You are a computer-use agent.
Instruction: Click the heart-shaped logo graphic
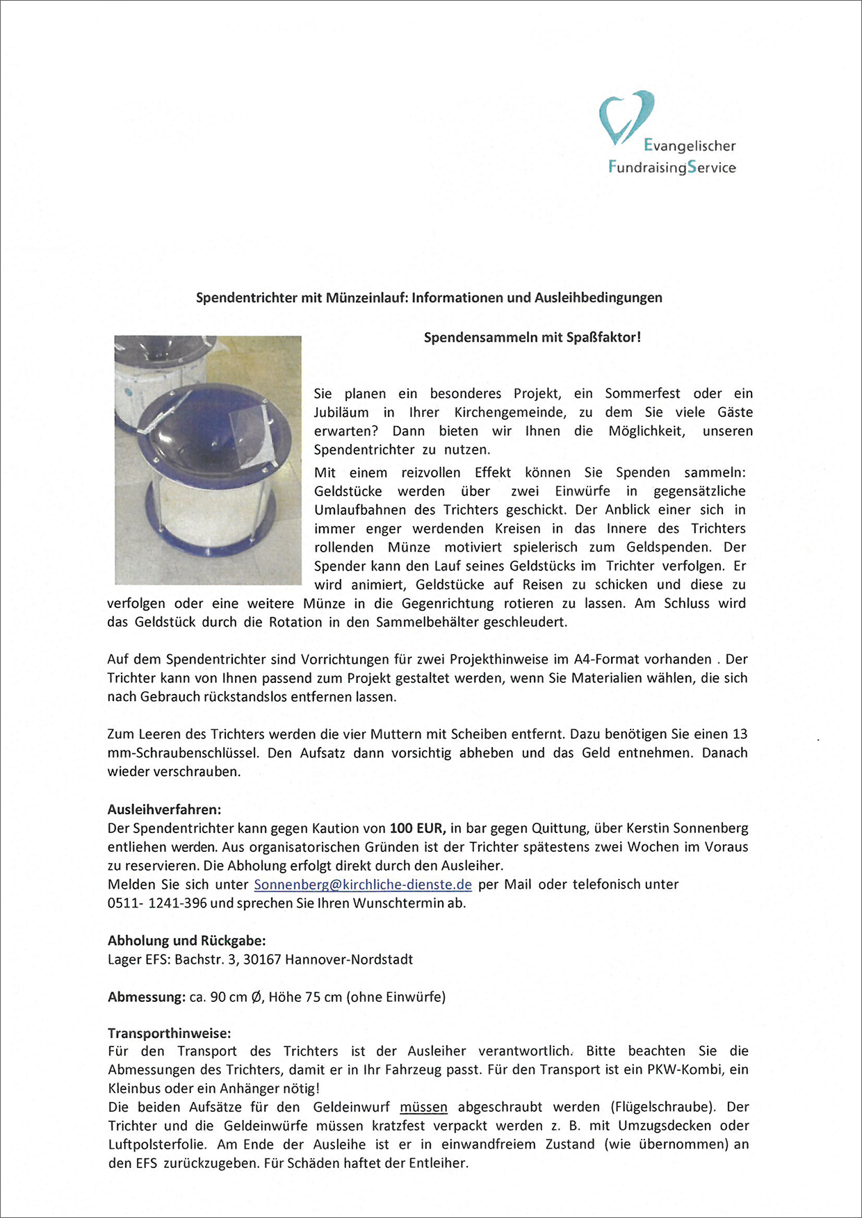625,116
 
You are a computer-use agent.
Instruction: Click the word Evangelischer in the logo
689,145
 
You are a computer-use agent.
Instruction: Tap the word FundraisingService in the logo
672,167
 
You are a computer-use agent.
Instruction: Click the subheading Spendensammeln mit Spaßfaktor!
532,338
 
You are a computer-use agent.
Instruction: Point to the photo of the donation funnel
208,459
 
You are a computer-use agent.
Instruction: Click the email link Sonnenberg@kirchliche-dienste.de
363,884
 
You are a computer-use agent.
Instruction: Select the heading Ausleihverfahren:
164,809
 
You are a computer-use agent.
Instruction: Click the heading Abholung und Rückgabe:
186,941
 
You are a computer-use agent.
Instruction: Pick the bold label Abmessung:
146,997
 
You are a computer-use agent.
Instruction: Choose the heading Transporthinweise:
169,1033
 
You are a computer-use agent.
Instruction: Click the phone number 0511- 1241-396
157,903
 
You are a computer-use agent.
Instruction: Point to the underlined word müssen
423,1107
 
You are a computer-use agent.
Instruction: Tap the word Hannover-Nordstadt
349,960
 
